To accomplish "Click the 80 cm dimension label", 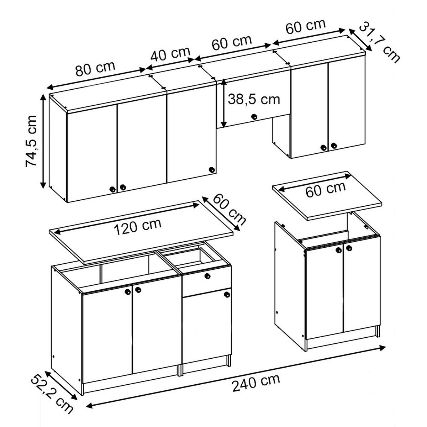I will (95, 70).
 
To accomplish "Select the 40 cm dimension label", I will (170, 54).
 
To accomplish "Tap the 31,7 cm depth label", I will (379, 42).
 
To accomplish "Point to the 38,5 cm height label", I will (254, 99).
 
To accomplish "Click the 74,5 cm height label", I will (31, 141).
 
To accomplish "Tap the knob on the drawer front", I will (207, 276).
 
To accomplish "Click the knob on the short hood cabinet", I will (254, 116).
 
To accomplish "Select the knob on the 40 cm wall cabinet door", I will (211, 170).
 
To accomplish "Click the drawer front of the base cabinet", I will (206, 282).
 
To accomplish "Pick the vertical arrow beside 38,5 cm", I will (223, 104).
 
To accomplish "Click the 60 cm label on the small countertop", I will (325, 189).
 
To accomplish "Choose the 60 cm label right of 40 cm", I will (232, 43).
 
